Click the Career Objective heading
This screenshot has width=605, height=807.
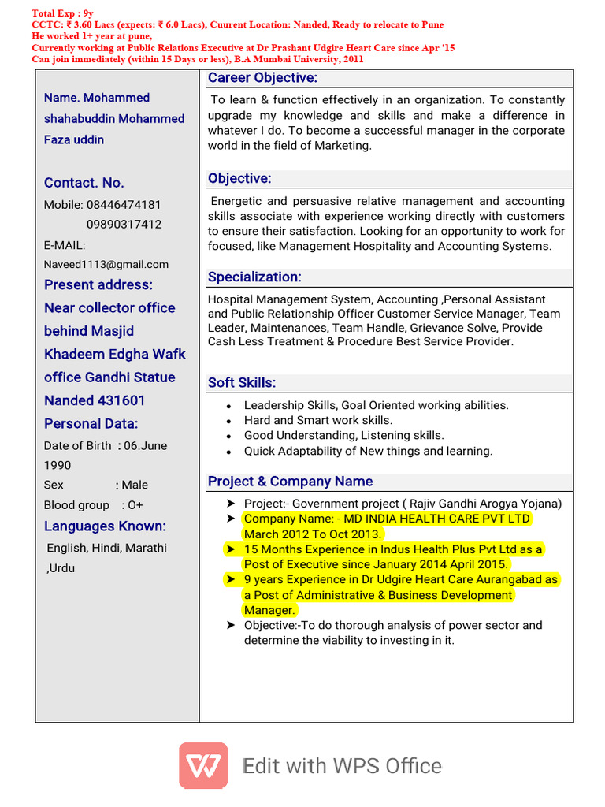point(262,78)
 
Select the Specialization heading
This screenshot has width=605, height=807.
point(254,277)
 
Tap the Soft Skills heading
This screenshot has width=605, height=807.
point(242,383)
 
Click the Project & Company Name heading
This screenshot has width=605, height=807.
point(290,482)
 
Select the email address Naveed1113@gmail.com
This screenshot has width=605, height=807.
point(106,265)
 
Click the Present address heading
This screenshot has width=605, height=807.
point(98,285)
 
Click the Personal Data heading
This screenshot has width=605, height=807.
point(91,424)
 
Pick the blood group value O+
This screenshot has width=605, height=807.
point(135,505)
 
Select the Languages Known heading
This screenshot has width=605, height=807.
point(105,526)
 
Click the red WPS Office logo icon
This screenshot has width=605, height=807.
point(203,765)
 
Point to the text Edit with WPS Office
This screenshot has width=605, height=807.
point(342,766)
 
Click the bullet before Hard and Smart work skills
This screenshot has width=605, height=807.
point(228,421)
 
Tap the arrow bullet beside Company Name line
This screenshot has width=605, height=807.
point(230,519)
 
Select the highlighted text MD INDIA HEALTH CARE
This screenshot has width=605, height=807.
point(436,519)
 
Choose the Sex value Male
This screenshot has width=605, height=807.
point(135,485)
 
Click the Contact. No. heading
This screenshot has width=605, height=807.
point(84,183)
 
